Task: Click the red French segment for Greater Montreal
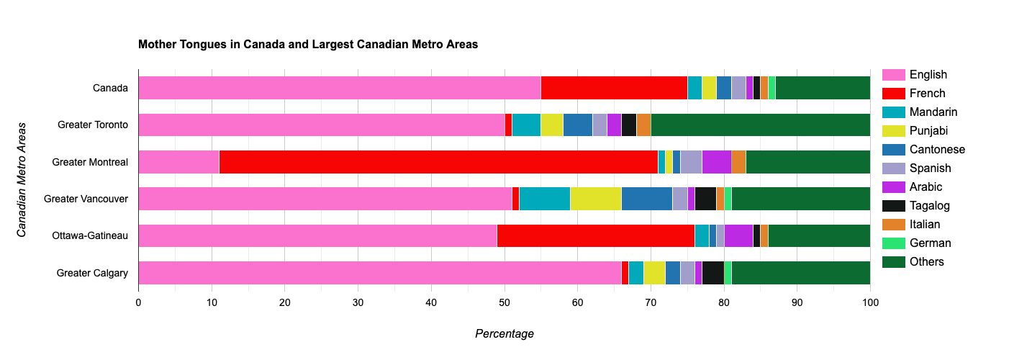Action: (438, 162)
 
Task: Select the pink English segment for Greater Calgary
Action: (379, 273)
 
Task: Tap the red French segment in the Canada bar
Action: (614, 88)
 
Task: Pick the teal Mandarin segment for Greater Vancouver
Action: (544, 199)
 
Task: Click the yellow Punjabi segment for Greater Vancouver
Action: (596, 199)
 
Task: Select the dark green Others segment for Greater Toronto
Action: (761, 125)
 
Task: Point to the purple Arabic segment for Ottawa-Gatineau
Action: (738, 235)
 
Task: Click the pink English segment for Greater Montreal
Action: (178, 162)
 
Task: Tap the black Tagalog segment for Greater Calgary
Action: (712, 273)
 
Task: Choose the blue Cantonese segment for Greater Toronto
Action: (577, 125)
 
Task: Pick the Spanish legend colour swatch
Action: (893, 168)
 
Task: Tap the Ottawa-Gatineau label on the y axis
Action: (90, 235)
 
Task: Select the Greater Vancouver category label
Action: (86, 199)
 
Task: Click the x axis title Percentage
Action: (504, 334)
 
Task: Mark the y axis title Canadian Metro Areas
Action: (22, 180)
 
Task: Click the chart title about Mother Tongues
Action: (308, 45)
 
